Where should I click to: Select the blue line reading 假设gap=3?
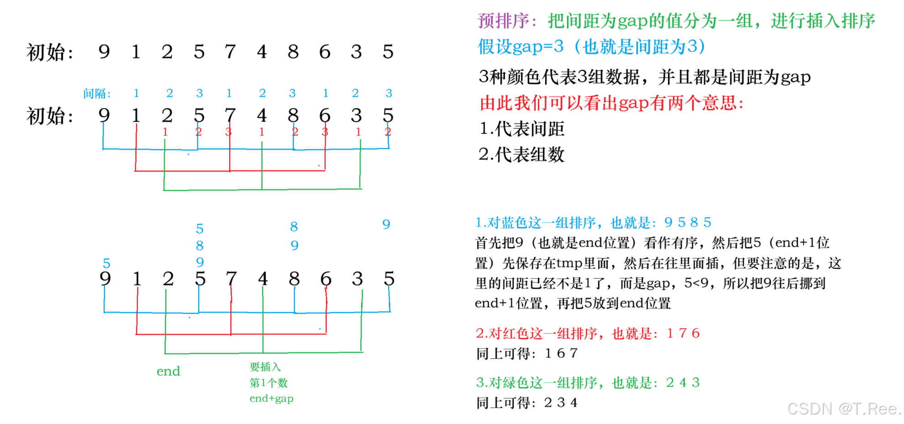click(x=591, y=47)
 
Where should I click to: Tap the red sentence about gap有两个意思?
click(x=612, y=103)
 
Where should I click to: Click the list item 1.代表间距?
click(x=522, y=129)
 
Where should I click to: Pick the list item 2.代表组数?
click(x=522, y=155)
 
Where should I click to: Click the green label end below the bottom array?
click(x=168, y=371)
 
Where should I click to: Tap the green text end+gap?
click(x=271, y=398)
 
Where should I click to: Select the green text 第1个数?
click(x=268, y=383)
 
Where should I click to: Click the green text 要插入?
click(x=265, y=367)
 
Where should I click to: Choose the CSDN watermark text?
click(x=843, y=408)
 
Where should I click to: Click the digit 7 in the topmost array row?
click(x=230, y=52)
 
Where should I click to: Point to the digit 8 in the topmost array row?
click(x=293, y=52)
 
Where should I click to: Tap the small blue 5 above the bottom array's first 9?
click(x=106, y=264)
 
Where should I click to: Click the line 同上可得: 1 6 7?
click(x=527, y=353)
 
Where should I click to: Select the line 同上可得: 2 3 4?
click(x=527, y=403)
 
